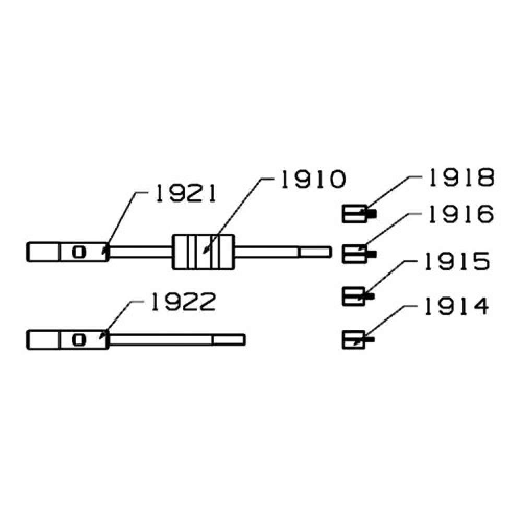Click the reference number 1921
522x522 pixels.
186,194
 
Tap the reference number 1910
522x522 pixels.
313,180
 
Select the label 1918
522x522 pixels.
461,177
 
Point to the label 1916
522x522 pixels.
461,214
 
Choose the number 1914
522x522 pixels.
457,306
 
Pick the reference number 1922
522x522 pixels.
183,302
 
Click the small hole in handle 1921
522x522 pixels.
79,252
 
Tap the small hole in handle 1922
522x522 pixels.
79,340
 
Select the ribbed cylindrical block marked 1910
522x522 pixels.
203,252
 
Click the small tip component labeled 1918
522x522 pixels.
359,214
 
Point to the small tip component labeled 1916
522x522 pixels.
359,254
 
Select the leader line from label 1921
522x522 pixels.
123,223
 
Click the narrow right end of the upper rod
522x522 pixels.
315,252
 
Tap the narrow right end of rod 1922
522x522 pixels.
229,340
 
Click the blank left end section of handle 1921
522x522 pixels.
43,252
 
